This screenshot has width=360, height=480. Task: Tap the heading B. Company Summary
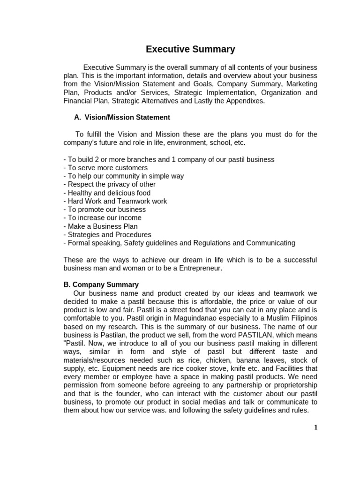click(101, 285)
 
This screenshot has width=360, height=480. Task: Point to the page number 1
click(315, 427)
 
